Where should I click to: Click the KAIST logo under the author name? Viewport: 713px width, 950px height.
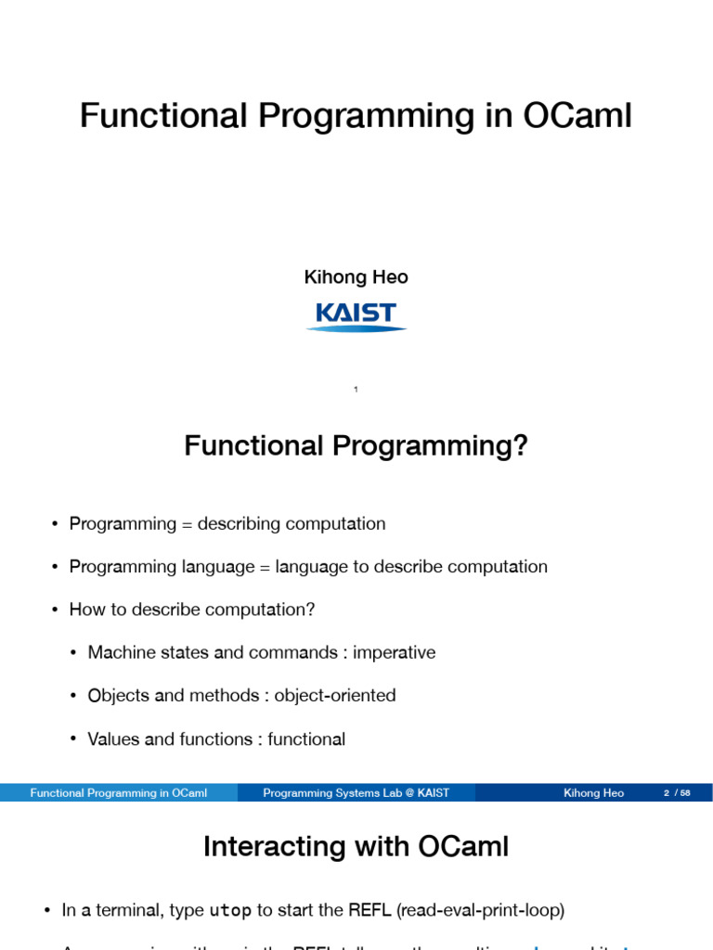click(356, 315)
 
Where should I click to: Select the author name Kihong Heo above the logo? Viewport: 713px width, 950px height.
click(356, 277)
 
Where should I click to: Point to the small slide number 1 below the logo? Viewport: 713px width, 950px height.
click(356, 390)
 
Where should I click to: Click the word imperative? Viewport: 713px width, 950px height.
click(394, 652)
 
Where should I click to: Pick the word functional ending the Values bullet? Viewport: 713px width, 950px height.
click(306, 739)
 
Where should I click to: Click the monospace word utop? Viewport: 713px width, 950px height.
click(230, 911)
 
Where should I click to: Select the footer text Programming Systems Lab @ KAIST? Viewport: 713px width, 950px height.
click(356, 793)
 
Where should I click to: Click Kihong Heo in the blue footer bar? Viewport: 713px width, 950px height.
click(593, 793)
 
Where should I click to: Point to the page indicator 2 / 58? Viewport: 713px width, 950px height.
click(677, 793)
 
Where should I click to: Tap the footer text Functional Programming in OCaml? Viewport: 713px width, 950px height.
click(118, 793)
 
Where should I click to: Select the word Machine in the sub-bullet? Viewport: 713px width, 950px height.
click(120, 652)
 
